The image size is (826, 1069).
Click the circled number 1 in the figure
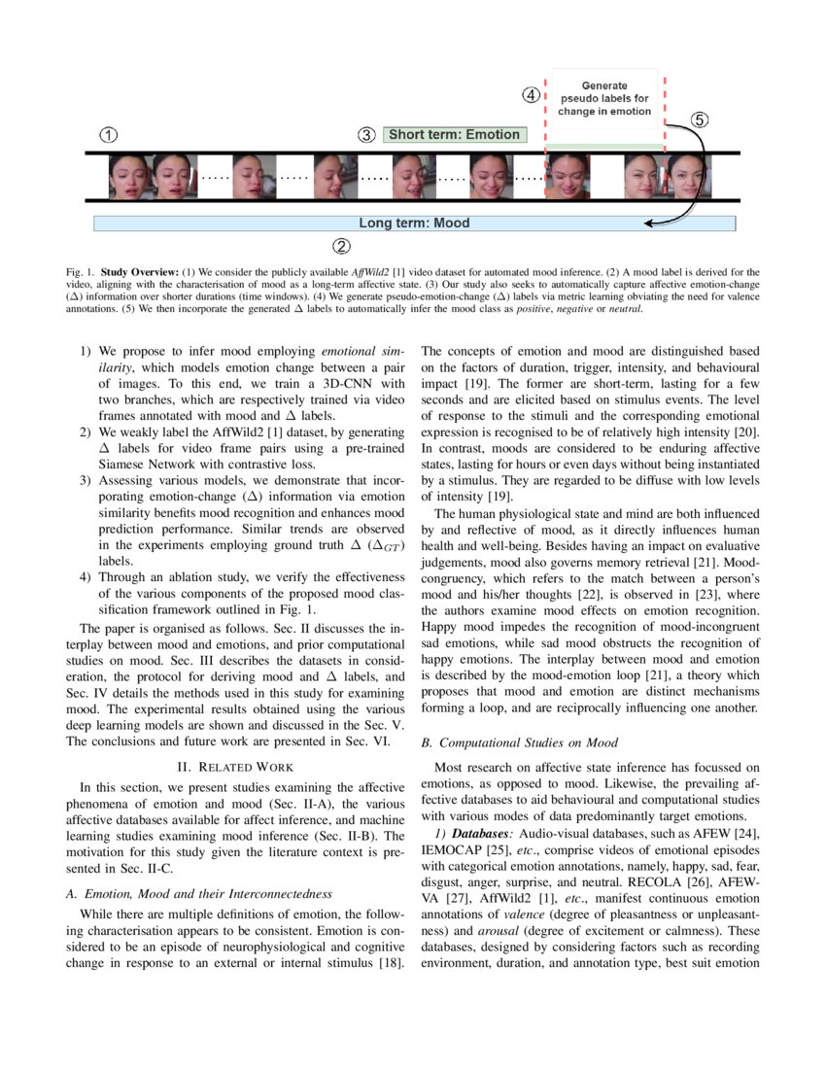(x=110, y=134)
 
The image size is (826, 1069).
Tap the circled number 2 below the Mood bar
(x=341, y=245)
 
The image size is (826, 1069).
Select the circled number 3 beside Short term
(x=366, y=135)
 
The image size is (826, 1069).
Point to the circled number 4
(x=531, y=95)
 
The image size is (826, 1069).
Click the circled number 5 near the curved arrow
(x=700, y=121)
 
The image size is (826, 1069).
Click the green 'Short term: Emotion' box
(x=454, y=135)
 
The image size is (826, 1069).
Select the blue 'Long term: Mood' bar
(x=414, y=224)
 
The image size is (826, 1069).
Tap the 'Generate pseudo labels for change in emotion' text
(x=604, y=98)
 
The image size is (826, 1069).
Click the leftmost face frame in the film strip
(x=129, y=177)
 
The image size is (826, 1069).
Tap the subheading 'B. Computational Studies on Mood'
(x=519, y=743)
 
